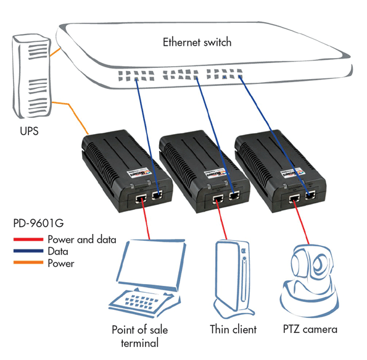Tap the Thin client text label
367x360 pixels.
(233, 329)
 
